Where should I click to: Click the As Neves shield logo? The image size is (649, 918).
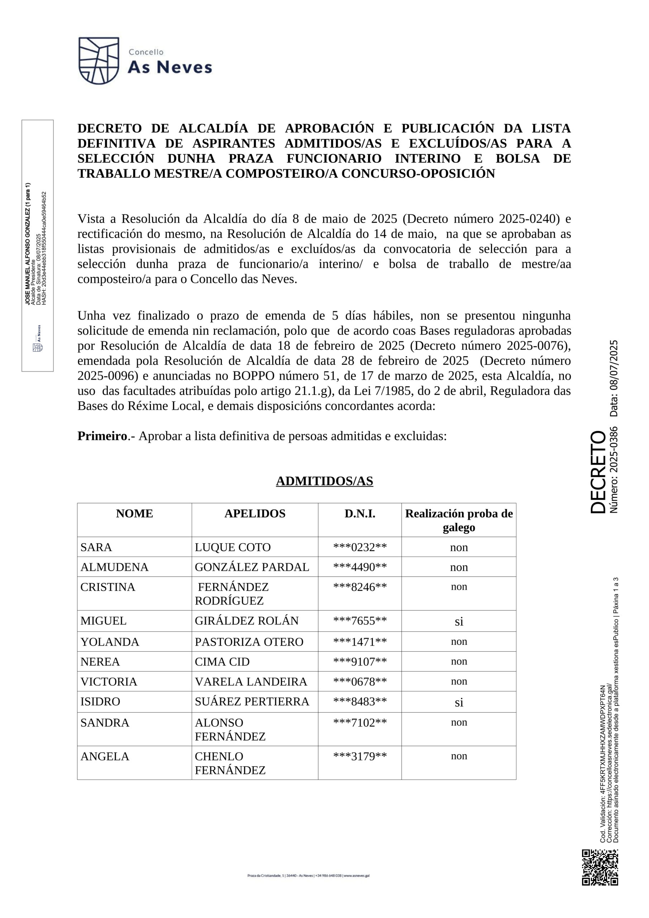99,60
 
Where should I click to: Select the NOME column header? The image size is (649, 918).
134,514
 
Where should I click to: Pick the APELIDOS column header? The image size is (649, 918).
254,514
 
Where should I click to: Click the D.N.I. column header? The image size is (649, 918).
360,514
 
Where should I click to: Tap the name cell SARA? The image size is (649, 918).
96,547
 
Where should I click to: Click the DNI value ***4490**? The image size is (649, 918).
360,567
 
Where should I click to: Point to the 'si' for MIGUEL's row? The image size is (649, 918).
459,621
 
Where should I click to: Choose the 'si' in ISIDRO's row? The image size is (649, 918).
459,702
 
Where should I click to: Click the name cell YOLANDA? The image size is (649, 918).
110,642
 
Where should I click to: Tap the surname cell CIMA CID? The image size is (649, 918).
222,662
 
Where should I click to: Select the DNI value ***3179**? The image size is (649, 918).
360,757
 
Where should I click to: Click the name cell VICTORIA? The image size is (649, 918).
109,682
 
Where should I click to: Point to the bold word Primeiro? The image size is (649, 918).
102,436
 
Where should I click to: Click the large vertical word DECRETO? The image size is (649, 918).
598,472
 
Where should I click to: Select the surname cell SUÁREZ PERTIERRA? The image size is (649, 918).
252,702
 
